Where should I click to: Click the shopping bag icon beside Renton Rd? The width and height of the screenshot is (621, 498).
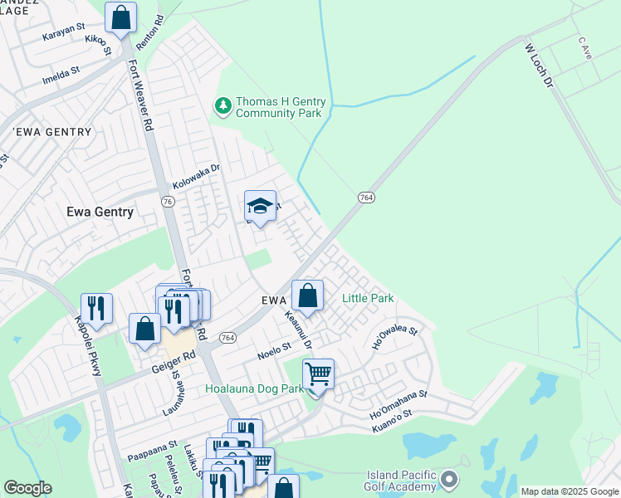point(120,17)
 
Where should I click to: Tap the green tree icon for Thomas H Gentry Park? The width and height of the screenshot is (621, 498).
point(222,105)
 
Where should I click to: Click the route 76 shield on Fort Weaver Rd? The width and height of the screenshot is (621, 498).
point(168,202)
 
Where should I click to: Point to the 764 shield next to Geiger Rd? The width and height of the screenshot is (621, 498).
point(228,338)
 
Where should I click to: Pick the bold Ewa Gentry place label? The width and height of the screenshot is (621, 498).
point(100,212)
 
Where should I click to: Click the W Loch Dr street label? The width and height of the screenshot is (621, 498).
point(538,66)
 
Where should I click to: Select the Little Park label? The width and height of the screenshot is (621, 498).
point(368,298)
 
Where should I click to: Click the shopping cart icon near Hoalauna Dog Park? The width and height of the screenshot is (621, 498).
point(318,375)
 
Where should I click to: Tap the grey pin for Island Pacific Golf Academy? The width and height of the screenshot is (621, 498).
point(449,479)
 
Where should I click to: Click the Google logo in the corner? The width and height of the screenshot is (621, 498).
point(27,488)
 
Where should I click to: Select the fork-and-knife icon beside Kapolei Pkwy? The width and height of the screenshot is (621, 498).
point(96,309)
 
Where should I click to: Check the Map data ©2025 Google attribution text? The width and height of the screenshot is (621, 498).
point(569,491)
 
